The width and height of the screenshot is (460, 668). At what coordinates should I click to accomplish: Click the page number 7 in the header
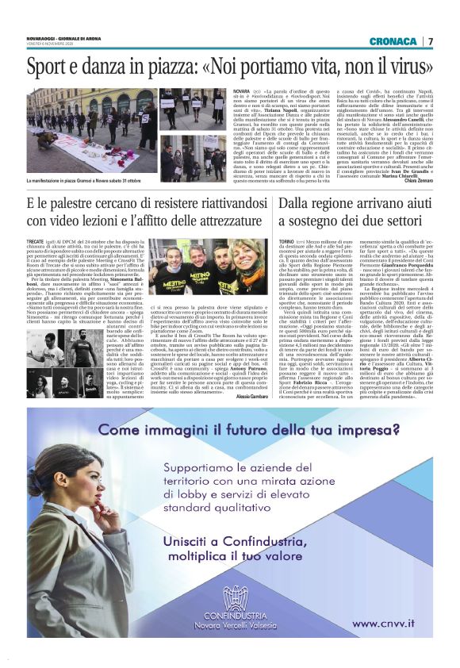click(x=431, y=40)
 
